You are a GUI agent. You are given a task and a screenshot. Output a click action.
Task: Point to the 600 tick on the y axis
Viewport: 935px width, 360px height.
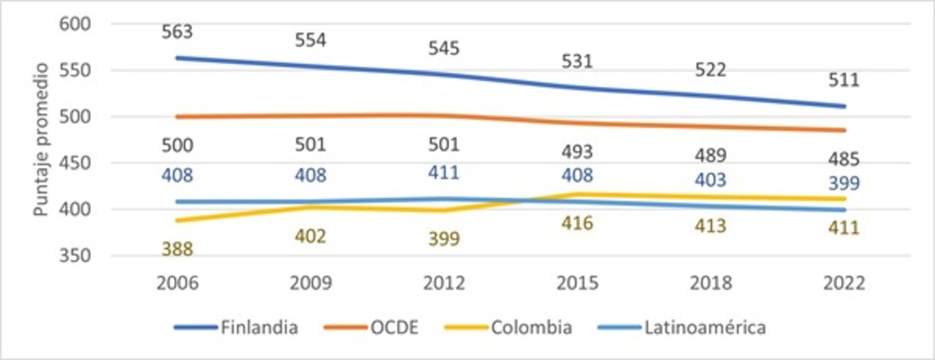[x=75, y=24]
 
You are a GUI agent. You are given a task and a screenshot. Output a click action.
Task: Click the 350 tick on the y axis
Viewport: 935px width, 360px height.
[x=75, y=256]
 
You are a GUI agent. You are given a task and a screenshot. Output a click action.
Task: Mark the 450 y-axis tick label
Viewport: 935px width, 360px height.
[x=75, y=164]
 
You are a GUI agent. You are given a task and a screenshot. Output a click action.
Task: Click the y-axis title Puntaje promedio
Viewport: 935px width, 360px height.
[x=41, y=139]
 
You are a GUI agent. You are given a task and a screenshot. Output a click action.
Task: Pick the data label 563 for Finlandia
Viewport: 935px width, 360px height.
[x=177, y=32]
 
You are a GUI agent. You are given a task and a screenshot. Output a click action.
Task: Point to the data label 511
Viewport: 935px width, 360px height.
[x=844, y=80]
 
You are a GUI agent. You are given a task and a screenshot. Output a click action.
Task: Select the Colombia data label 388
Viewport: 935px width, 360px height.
[x=177, y=249]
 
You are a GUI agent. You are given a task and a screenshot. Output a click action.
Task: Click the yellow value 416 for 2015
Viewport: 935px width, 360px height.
[x=577, y=223]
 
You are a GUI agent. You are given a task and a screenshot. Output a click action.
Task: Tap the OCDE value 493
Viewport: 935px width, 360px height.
[x=577, y=152]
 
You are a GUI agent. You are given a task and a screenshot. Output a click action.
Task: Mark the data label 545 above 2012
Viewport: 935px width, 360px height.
[x=443, y=48]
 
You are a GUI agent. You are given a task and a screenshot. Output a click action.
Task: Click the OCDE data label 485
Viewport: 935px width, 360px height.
[x=844, y=158]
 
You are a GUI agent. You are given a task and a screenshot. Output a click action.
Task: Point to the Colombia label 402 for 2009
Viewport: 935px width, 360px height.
[x=310, y=237]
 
